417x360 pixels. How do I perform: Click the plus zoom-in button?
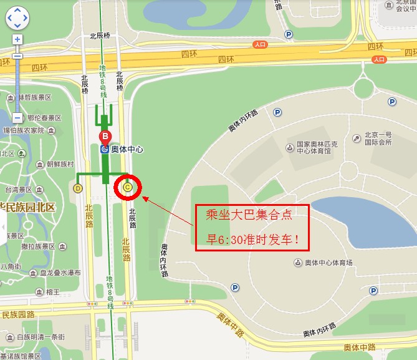17,39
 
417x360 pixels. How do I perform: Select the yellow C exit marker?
128,187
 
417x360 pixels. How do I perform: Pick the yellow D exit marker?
78,188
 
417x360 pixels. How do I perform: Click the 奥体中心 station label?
127,149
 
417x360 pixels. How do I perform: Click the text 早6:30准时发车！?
253,239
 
